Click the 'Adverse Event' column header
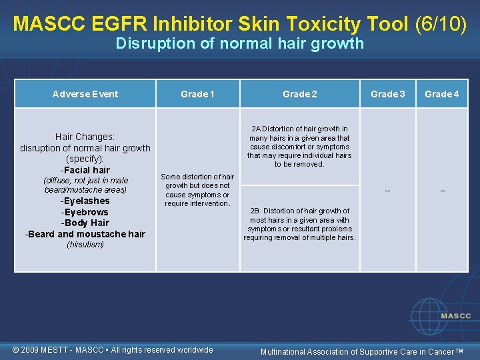point(85,94)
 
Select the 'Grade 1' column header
point(197,94)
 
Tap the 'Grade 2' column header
point(299,94)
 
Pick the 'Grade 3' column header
point(387,94)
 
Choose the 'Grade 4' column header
point(442,94)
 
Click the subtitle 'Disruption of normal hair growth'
point(239,44)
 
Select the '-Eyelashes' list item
point(85,201)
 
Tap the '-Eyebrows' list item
point(85,212)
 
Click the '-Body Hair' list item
point(85,223)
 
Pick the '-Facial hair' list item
point(85,170)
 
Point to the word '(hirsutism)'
point(85,245)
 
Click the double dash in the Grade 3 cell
point(387,191)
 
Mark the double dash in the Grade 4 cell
point(442,191)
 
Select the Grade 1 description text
point(197,190)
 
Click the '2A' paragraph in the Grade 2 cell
point(299,146)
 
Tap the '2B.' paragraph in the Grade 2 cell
point(299,224)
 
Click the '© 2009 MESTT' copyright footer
point(113,349)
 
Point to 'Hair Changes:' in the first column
point(85,136)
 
